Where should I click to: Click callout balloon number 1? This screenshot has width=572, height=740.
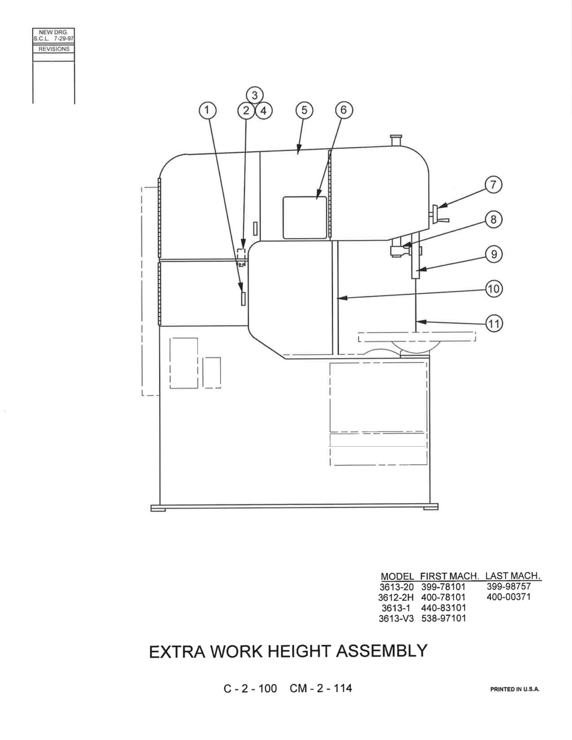pyautogui.click(x=208, y=110)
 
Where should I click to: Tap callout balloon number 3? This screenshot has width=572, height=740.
pyautogui.click(x=255, y=95)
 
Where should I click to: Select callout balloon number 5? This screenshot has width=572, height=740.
pyautogui.click(x=304, y=110)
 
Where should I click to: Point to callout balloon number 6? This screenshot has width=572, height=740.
pyautogui.click(x=344, y=110)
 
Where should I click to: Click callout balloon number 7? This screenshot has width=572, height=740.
pyautogui.click(x=493, y=185)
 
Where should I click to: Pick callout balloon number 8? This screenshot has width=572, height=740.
pyautogui.click(x=493, y=220)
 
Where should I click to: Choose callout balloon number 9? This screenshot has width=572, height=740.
pyautogui.click(x=494, y=254)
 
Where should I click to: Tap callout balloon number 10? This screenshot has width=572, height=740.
pyautogui.click(x=494, y=289)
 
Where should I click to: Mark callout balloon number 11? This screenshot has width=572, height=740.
pyautogui.click(x=494, y=323)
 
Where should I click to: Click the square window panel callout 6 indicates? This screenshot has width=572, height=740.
pyautogui.click(x=305, y=217)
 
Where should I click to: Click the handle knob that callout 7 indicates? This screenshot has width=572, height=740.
pyautogui.click(x=440, y=214)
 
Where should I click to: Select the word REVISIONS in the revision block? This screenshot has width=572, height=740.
pyautogui.click(x=54, y=49)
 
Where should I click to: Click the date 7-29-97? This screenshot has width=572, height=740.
pyautogui.click(x=63, y=39)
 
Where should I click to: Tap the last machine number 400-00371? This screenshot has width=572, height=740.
pyautogui.click(x=508, y=597)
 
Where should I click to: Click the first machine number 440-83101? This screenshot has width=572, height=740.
pyautogui.click(x=443, y=608)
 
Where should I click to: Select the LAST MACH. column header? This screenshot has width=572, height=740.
pyautogui.click(x=513, y=576)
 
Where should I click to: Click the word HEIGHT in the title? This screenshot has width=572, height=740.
pyautogui.click(x=300, y=651)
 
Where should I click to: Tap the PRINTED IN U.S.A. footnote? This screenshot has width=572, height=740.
pyautogui.click(x=515, y=689)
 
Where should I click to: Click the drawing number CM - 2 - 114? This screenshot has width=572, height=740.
pyautogui.click(x=321, y=688)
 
